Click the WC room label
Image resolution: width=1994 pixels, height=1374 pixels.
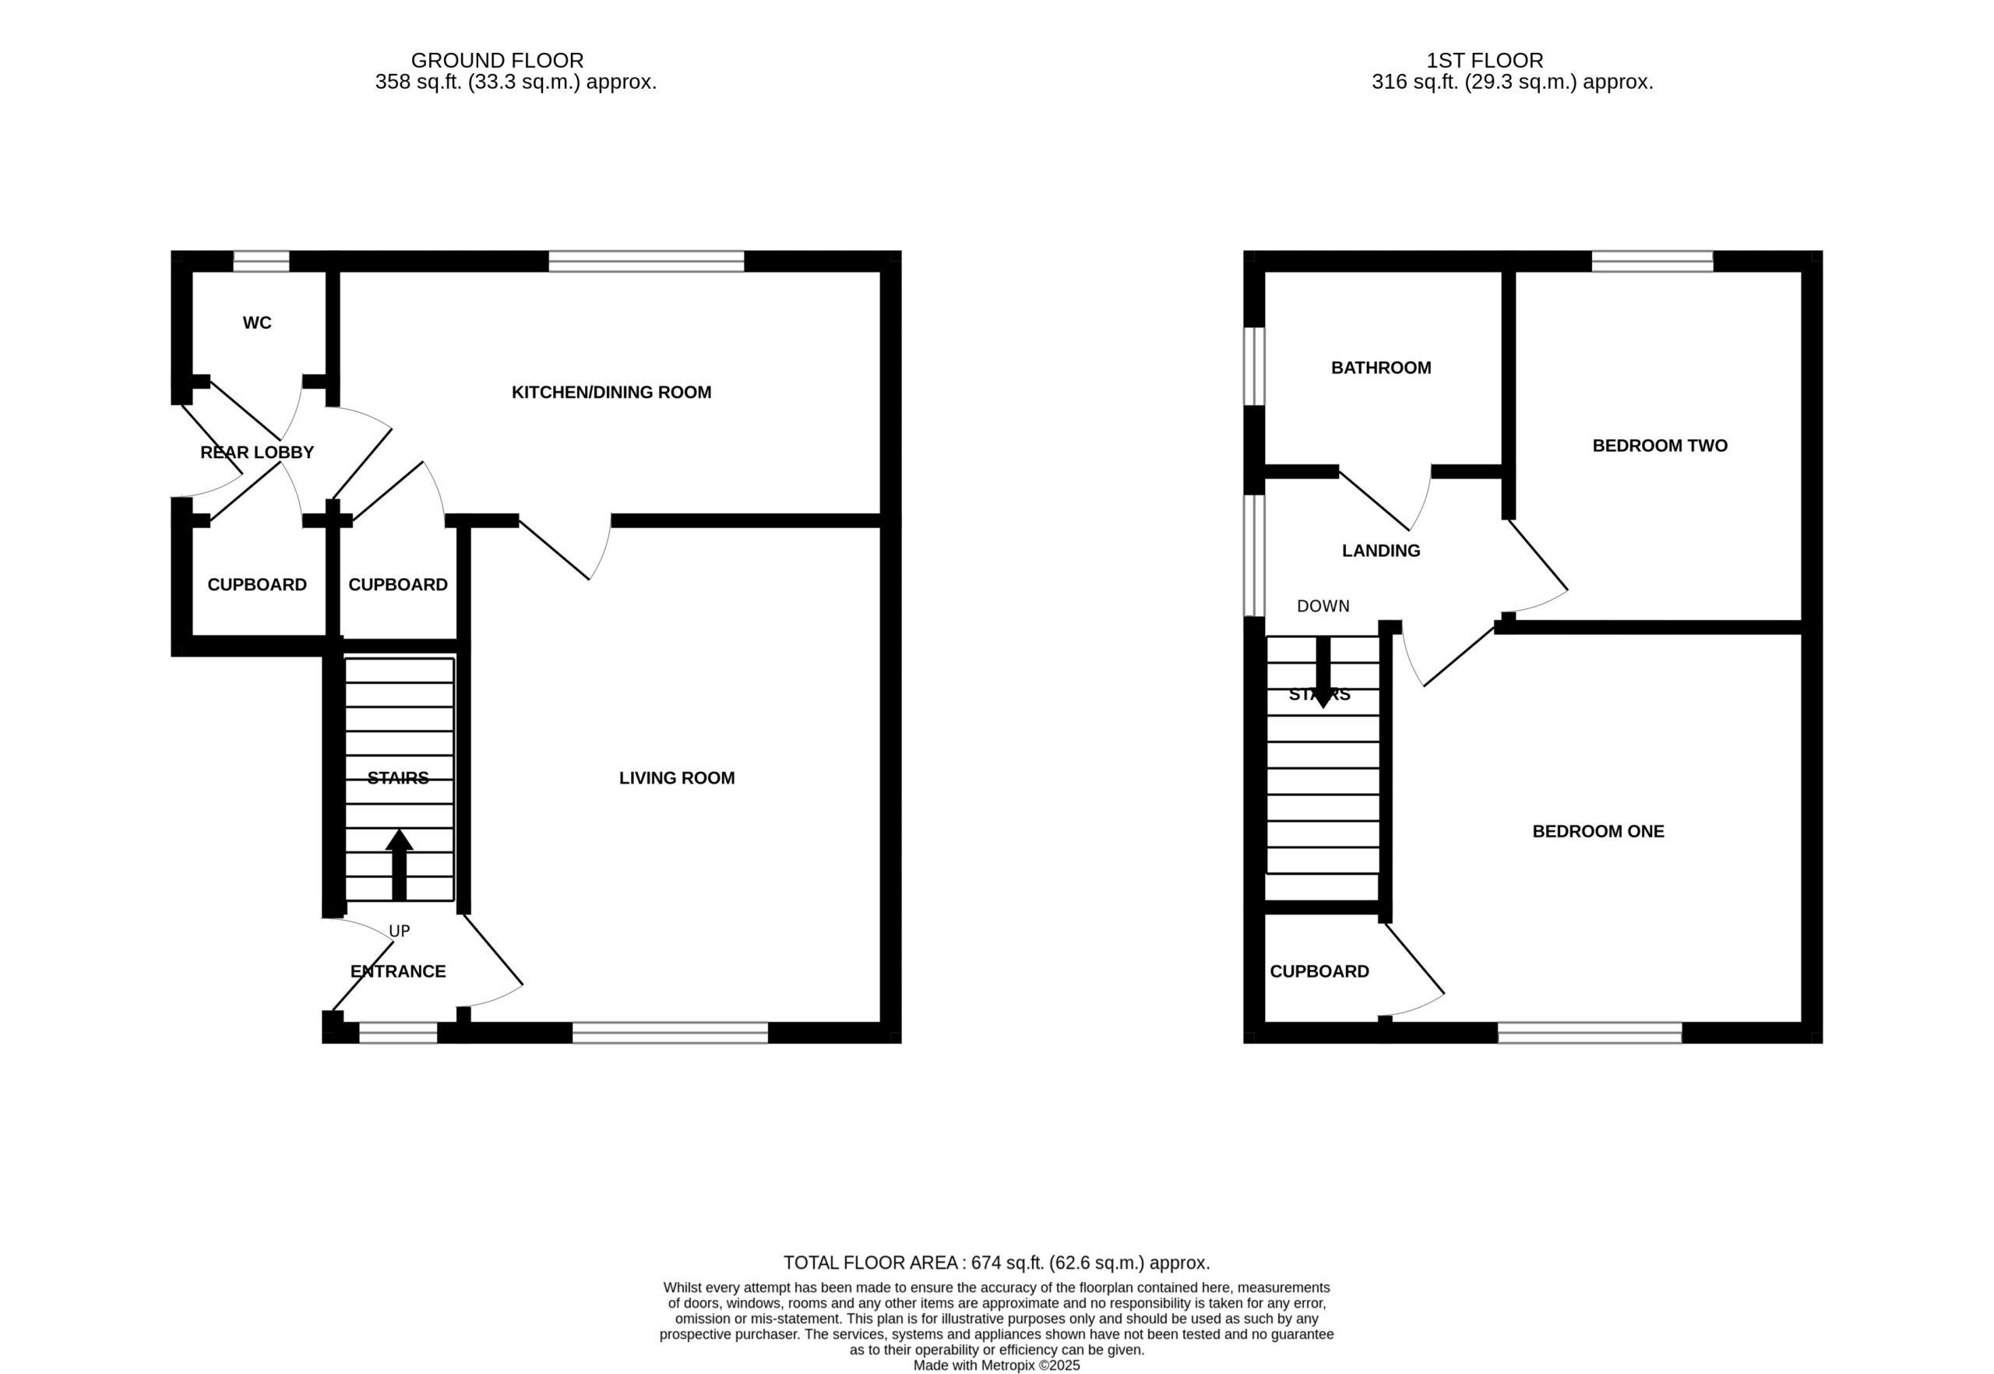click(256, 322)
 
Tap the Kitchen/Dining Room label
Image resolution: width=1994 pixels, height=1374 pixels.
click(611, 393)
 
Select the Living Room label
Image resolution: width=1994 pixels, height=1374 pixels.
click(677, 778)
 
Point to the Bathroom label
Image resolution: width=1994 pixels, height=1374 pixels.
click(1381, 368)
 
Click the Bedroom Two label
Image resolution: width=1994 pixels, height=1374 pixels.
click(1660, 446)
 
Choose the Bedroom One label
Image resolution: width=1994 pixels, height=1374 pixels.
click(1598, 832)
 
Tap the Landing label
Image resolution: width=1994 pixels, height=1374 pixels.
click(1381, 551)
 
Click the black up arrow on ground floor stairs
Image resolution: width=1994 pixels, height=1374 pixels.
click(399, 865)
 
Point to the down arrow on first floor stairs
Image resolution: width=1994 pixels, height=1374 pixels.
click(1323, 672)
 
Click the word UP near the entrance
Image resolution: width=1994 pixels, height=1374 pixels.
click(400, 931)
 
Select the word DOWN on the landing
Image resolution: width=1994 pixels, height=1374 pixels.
click(1323, 606)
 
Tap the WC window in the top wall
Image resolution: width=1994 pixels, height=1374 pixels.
click(261, 261)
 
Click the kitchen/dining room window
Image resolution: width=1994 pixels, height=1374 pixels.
click(646, 261)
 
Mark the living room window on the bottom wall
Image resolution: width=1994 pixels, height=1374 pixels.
click(670, 1033)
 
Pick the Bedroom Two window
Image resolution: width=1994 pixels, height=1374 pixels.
click(1652, 261)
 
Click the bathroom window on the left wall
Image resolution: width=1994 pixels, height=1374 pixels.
click(1255, 366)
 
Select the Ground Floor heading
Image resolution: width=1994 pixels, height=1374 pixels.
click(498, 60)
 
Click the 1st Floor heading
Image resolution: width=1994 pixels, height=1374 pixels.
click(1485, 60)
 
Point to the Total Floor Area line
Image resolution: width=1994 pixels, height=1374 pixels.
click(997, 1263)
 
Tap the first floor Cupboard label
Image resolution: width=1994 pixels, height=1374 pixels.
click(1319, 971)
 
